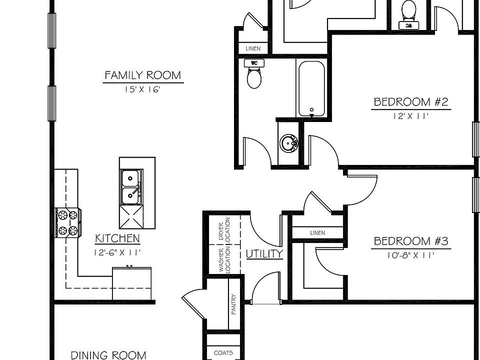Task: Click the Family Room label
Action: click(x=142, y=75)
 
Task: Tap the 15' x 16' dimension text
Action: click(x=142, y=90)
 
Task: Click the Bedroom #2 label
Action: click(x=411, y=102)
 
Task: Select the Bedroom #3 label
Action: click(x=411, y=241)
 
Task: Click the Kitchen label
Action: click(x=117, y=238)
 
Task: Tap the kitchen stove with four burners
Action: click(x=68, y=223)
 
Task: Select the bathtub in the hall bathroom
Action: click(x=311, y=88)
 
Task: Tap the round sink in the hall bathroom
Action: click(x=288, y=143)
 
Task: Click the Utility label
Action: click(x=264, y=254)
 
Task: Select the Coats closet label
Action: click(x=223, y=353)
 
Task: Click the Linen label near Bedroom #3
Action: click(x=317, y=233)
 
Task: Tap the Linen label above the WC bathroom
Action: click(x=252, y=48)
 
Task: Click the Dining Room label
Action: click(x=108, y=355)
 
